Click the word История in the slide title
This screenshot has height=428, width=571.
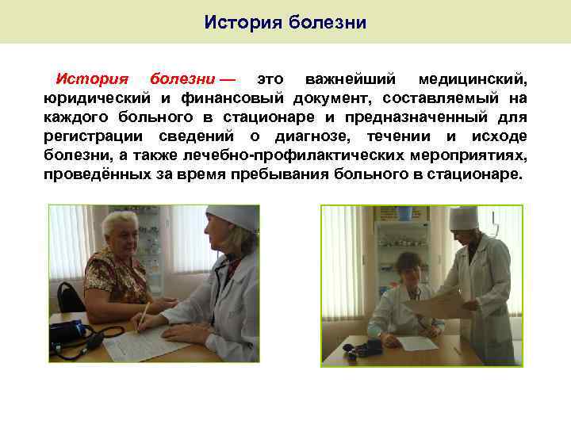pos(241,21)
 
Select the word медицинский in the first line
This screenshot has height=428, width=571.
pos(473,80)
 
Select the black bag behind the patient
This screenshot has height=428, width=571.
pos(70,296)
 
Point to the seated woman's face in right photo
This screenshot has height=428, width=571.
pos(410,266)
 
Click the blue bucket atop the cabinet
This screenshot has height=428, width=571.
pos(404,212)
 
